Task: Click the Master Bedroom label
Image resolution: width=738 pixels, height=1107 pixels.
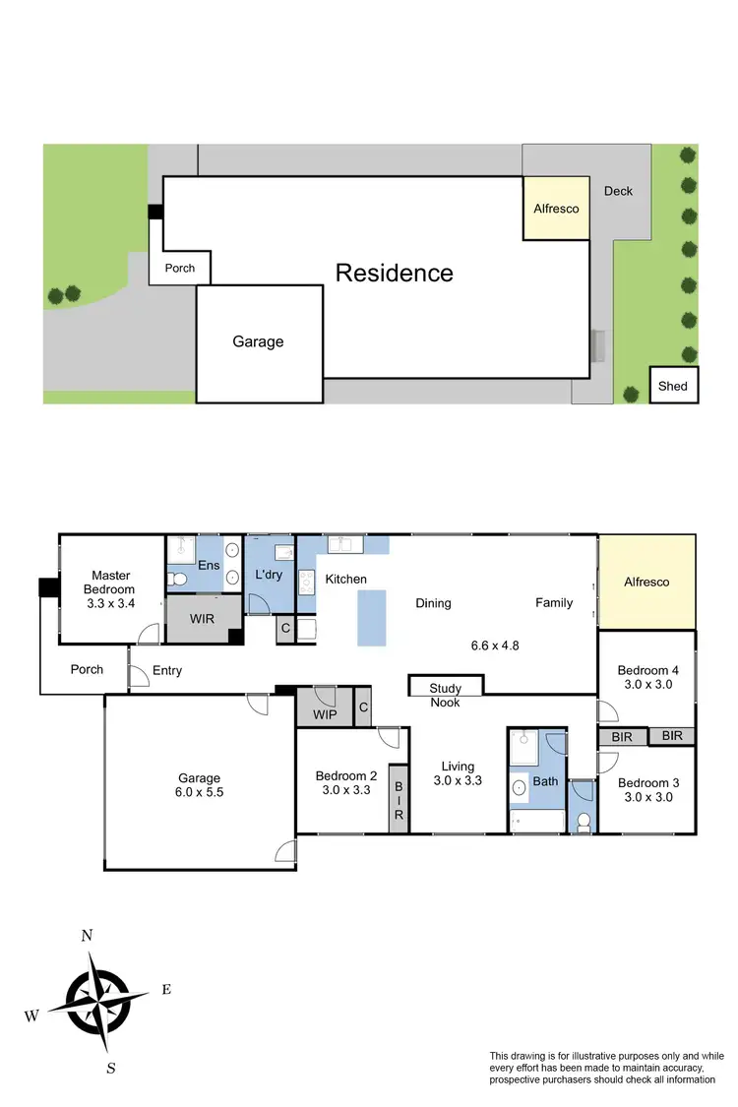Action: pos(112,583)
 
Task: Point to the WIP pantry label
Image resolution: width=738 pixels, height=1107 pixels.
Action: pos(325,712)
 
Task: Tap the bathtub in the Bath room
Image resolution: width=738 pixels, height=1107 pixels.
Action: pos(536,821)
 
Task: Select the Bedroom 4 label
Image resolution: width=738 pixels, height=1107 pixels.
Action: pos(646,677)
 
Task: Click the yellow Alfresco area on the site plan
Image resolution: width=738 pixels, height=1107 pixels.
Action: pos(556,209)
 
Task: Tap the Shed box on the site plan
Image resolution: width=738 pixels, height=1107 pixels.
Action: pos(673,386)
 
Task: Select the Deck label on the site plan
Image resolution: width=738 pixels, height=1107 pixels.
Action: pos(618,191)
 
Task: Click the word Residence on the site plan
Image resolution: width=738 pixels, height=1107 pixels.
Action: pos(395,273)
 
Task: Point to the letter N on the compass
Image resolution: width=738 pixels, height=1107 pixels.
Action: pos(87,936)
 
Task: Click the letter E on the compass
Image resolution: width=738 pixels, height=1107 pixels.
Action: pos(165,990)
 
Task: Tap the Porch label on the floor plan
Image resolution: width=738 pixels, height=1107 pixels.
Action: pos(87,670)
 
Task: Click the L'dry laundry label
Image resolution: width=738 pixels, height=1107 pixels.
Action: pos(269,573)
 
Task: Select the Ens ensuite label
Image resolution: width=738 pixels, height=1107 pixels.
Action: pos(209,565)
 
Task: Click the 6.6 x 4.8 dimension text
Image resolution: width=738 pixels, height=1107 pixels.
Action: pos(495,646)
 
